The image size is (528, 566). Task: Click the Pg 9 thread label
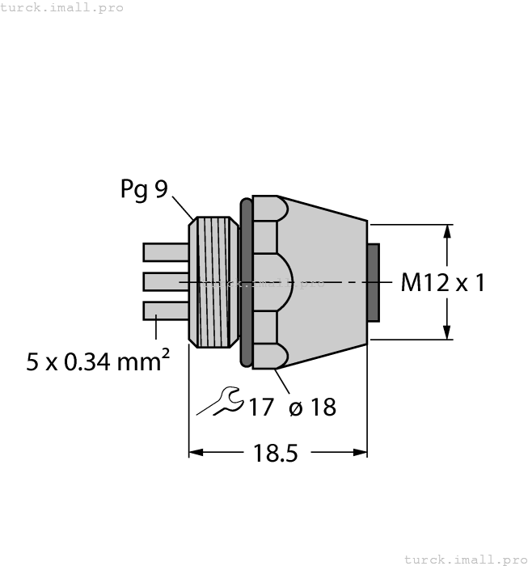click(x=144, y=189)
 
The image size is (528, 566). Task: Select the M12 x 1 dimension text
click(x=443, y=283)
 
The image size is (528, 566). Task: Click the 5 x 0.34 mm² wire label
click(x=98, y=361)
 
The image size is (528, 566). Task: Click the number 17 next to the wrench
click(x=260, y=407)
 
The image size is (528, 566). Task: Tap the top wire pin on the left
click(x=165, y=252)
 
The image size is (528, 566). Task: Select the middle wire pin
click(x=165, y=281)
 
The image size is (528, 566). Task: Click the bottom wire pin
click(x=165, y=310)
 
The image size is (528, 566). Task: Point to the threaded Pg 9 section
click(x=215, y=281)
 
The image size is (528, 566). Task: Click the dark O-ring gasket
click(x=246, y=281)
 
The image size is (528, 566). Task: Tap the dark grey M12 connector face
click(x=374, y=281)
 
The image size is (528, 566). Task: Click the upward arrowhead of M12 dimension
click(x=446, y=231)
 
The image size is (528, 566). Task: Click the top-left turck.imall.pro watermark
click(x=62, y=7)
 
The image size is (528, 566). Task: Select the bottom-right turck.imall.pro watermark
click(x=464, y=559)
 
